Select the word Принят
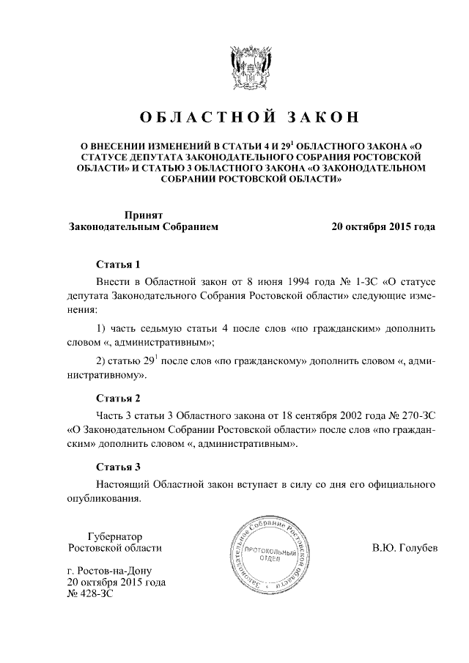click(x=143, y=215)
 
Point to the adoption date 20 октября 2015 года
click(x=384, y=227)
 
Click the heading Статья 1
click(x=118, y=264)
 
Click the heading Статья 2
click(x=118, y=399)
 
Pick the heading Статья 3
click(x=118, y=467)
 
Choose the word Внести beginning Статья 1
click(x=114, y=281)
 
